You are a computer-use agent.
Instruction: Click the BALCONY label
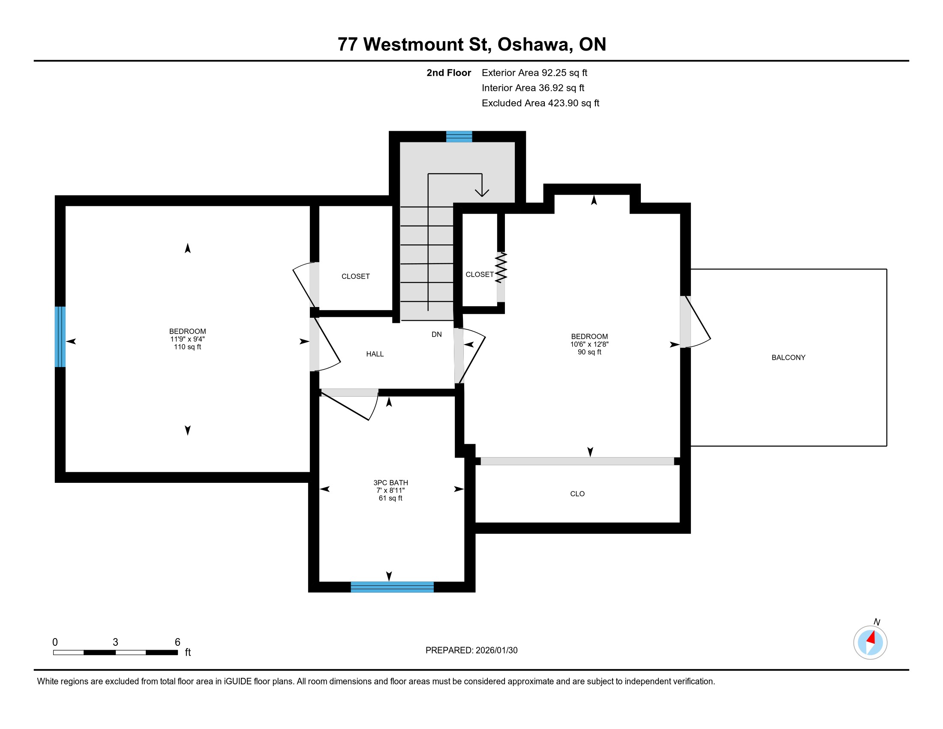click(788, 358)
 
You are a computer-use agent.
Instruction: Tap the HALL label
click(375, 354)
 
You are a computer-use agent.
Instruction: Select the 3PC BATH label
click(390, 483)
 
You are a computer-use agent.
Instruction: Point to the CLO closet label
click(577, 494)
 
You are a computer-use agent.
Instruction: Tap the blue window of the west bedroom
click(60, 337)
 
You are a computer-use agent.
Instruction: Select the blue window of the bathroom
click(392, 587)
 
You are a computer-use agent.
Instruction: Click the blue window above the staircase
click(459, 136)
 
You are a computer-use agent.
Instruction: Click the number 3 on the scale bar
click(115, 642)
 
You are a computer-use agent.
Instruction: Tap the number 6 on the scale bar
click(177, 642)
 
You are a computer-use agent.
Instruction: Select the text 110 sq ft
click(187, 347)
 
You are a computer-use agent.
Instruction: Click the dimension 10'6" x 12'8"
click(589, 344)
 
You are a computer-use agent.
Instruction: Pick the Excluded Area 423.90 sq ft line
click(541, 103)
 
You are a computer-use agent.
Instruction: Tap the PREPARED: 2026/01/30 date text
click(471, 651)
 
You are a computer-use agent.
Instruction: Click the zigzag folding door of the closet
click(501, 268)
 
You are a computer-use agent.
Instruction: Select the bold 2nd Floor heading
click(449, 73)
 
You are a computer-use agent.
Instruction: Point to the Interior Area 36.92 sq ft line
click(533, 88)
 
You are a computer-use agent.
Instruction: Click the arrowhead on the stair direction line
click(482, 193)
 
